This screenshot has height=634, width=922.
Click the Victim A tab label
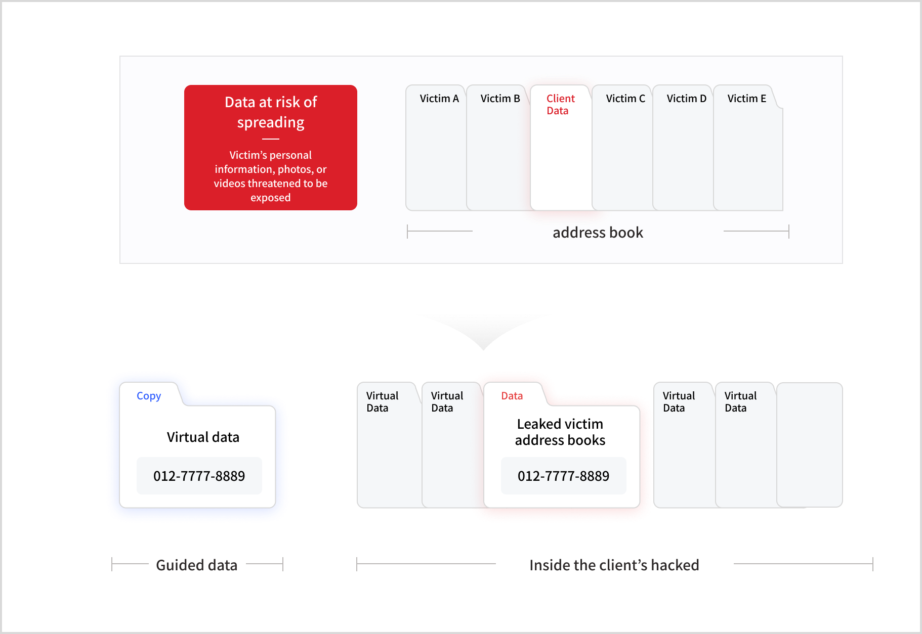tap(439, 99)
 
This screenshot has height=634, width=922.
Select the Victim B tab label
tap(500, 99)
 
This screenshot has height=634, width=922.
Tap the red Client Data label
tap(560, 105)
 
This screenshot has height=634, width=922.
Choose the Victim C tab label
tap(625, 99)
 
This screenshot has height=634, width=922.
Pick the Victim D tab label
tap(686, 99)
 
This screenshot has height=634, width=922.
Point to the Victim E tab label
tap(746, 99)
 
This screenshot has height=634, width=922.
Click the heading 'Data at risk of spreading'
tap(271, 112)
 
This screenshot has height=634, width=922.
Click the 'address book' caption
tap(598, 233)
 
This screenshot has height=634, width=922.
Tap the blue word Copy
tap(149, 396)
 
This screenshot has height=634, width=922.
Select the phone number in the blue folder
tap(199, 476)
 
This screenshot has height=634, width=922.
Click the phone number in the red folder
tap(563, 476)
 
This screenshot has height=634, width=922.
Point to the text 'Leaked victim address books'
tap(560, 432)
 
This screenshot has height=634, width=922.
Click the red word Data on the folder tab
tap(512, 396)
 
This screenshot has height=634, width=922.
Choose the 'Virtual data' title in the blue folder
tap(203, 437)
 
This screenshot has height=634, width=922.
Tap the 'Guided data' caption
tap(196, 565)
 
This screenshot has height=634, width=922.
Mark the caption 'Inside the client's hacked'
tap(614, 565)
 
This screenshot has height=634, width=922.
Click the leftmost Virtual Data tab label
tap(382, 402)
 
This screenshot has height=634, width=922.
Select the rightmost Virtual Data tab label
tap(740, 402)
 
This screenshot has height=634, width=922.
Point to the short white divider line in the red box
tap(271, 139)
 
